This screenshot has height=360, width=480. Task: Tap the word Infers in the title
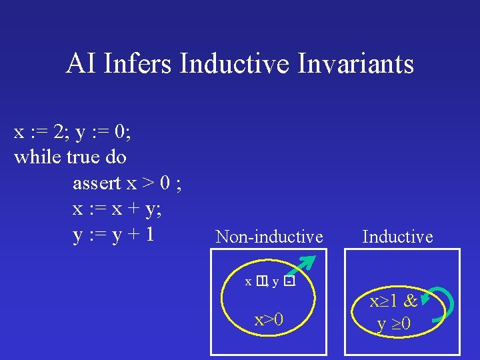pos(141,64)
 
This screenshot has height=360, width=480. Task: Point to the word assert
pos(97,183)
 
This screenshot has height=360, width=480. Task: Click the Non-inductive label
pos(269,237)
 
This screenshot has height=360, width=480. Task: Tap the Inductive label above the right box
pos(397,237)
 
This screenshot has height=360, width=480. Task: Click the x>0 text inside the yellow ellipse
pos(268,320)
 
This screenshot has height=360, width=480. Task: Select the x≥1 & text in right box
pos(394,301)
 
